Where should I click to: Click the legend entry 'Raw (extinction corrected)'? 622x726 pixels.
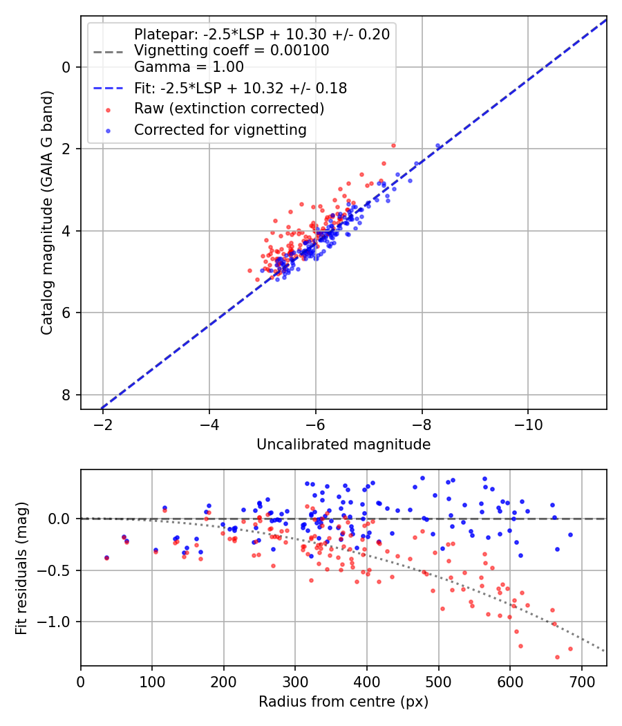[x=229, y=109]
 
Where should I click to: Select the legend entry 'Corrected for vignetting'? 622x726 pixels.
[x=220, y=130]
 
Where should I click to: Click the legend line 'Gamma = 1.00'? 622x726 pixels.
[x=189, y=67]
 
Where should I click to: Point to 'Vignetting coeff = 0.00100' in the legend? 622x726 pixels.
[x=232, y=50]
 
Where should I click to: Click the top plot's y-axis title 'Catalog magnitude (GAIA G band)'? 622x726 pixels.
[x=47, y=212]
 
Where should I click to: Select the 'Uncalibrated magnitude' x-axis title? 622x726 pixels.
[x=343, y=445]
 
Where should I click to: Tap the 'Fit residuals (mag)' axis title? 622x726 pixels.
[x=21, y=568]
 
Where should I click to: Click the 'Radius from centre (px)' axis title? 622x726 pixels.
[x=343, y=702]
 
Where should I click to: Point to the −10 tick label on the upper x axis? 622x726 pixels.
[x=528, y=425]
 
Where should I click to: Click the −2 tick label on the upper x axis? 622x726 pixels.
[x=102, y=425]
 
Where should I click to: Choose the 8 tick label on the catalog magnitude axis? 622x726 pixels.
[x=66, y=395]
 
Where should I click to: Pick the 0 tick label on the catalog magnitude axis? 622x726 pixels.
[x=66, y=68]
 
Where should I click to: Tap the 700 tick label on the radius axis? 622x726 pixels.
[x=581, y=682]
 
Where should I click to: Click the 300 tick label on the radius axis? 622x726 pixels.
[x=295, y=682]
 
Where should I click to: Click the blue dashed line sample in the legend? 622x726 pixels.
[x=109, y=88]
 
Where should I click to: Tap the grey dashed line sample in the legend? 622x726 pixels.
[x=109, y=52]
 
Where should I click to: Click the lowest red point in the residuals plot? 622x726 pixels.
[x=557, y=657]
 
